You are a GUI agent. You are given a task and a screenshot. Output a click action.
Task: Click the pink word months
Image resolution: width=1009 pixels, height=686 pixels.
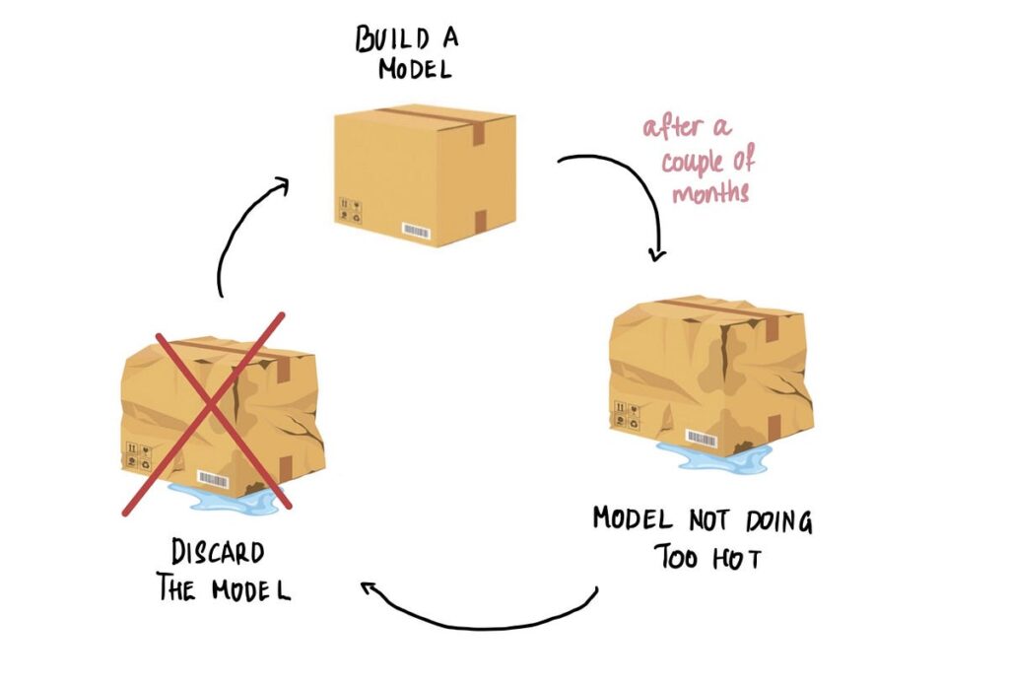coord(710,192)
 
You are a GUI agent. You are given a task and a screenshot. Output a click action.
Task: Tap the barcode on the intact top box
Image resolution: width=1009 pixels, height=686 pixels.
coord(417,232)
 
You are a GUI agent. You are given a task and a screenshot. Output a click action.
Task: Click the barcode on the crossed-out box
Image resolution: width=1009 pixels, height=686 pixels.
coord(213,479)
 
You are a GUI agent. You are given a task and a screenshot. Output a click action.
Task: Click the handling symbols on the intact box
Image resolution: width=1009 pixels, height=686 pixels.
coord(351,211)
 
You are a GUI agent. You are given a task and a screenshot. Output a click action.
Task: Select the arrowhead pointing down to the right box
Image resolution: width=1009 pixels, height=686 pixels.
coord(657,253)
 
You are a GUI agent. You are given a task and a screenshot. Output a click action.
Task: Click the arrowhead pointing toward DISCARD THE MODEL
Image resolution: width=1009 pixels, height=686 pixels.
coord(370,590)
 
